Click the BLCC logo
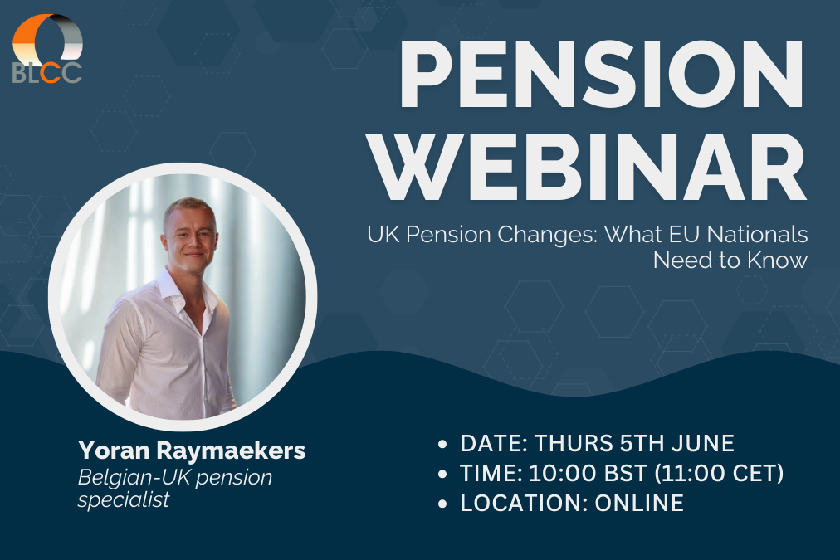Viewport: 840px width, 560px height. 47,49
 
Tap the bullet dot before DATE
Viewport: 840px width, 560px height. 444,444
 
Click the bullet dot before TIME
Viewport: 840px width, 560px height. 444,474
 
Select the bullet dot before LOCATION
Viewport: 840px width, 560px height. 444,504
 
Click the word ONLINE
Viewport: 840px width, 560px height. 639,503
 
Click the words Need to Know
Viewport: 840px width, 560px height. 730,260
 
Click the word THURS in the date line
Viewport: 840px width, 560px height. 572,443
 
